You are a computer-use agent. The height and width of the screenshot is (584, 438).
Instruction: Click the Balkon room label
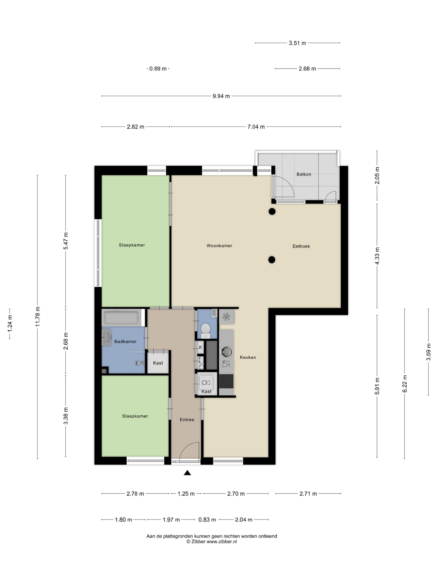click(x=304, y=174)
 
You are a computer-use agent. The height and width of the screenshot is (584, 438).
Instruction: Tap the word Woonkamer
click(x=219, y=245)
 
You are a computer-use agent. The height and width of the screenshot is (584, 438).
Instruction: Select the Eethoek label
click(x=301, y=246)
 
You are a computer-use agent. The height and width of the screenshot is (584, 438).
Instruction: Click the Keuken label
click(x=248, y=357)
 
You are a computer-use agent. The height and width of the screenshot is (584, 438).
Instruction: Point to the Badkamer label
click(x=125, y=341)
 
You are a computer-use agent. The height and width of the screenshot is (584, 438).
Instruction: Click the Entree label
click(x=187, y=420)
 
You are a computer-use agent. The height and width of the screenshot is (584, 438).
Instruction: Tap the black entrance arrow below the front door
click(x=187, y=473)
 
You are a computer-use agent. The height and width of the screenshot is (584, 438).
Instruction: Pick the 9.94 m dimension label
click(x=221, y=96)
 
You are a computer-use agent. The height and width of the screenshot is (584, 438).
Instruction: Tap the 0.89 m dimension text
click(x=158, y=69)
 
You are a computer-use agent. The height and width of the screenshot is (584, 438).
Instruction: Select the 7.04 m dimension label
click(x=256, y=127)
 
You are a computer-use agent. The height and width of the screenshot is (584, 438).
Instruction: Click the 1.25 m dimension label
click(x=186, y=494)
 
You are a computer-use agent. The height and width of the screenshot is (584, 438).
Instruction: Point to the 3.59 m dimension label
click(x=428, y=352)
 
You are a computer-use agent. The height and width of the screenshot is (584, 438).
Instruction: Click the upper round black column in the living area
click(x=272, y=211)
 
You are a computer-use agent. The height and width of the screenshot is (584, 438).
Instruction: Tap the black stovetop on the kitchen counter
click(x=226, y=381)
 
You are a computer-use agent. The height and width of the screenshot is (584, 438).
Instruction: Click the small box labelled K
click(x=200, y=347)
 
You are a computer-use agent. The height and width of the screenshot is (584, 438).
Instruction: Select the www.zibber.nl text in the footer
click(x=222, y=542)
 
